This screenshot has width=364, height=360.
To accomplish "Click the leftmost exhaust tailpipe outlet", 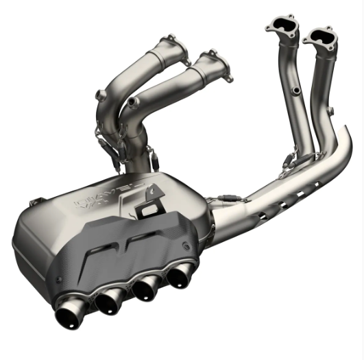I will click(x=69, y=317).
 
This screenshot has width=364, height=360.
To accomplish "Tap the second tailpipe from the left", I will click(x=108, y=302).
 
